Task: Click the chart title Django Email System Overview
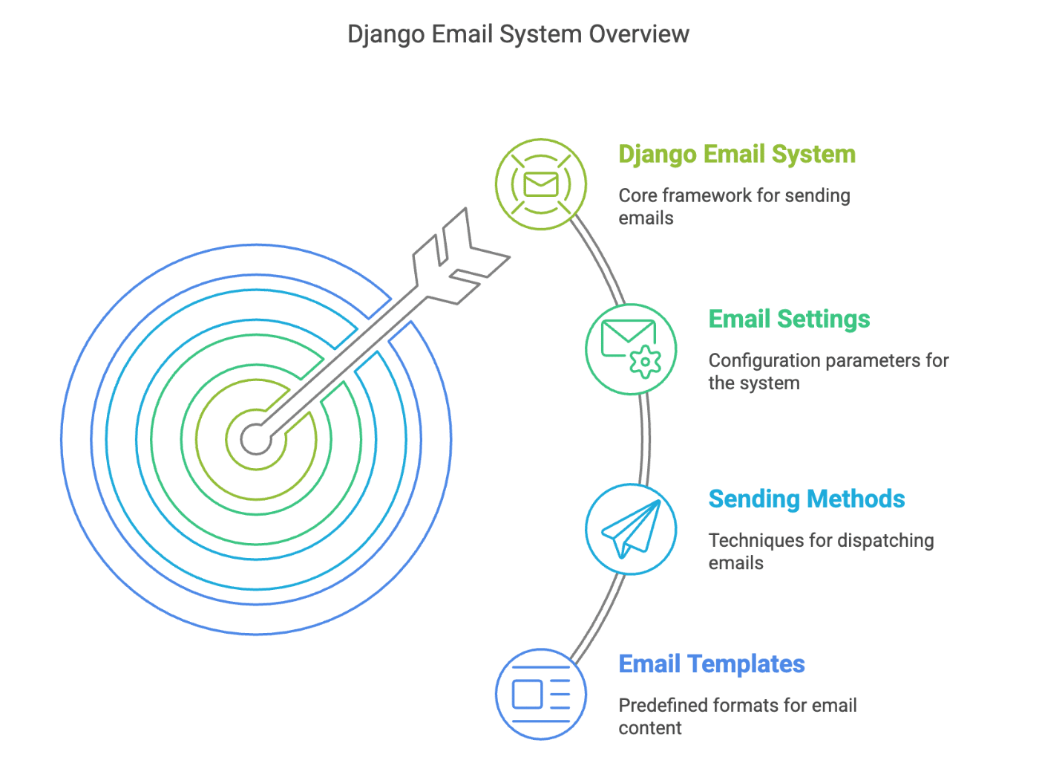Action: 518,34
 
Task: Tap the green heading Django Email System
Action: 736,154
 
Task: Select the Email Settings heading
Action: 789,319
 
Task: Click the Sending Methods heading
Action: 806,499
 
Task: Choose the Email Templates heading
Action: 711,663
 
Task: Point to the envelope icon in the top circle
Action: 541,184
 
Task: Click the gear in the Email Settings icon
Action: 645,363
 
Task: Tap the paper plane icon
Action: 632,529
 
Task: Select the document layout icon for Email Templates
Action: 541,695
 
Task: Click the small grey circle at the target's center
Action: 256,439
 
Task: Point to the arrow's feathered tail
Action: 460,256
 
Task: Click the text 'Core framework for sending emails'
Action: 734,207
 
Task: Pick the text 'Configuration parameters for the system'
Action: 828,371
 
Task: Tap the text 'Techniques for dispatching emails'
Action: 821,551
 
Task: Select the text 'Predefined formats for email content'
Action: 738,716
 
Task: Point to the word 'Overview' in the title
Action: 639,34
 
